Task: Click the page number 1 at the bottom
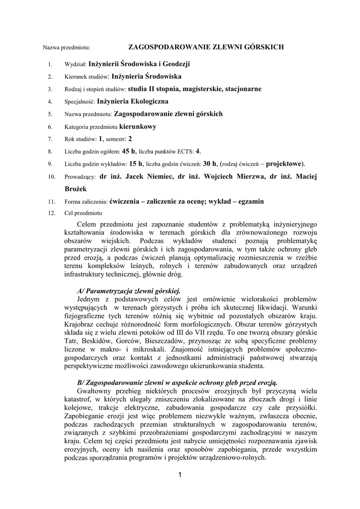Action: point(180,477)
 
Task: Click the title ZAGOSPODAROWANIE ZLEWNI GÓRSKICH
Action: point(206,47)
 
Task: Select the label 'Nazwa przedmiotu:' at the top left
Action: point(66,48)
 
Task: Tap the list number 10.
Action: point(50,177)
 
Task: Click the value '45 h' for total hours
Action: point(129,151)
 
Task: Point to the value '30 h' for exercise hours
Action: point(211,164)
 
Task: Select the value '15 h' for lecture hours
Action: point(136,164)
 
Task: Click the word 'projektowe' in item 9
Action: point(284,164)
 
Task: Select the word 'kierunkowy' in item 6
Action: point(138,127)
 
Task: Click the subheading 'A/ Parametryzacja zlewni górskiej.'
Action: point(129,290)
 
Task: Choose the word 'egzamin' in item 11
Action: point(248,201)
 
